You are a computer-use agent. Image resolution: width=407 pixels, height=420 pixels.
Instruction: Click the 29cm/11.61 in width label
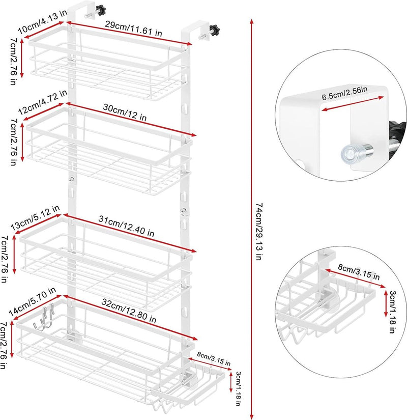[133, 29]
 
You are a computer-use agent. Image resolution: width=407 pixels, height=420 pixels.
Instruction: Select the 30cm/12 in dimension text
[125, 113]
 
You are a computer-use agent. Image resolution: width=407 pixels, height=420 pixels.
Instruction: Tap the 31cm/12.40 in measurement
[126, 227]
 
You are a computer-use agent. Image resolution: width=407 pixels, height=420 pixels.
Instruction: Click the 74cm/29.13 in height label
[259, 232]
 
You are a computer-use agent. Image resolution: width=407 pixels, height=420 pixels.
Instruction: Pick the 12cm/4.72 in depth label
[43, 102]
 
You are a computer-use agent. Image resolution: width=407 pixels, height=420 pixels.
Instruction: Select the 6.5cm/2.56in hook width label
[344, 93]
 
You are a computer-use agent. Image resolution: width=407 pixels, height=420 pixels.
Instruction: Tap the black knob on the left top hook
[101, 11]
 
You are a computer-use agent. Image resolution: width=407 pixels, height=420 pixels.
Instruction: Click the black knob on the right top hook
[215, 30]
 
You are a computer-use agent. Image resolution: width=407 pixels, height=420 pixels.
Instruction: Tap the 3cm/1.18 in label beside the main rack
[238, 388]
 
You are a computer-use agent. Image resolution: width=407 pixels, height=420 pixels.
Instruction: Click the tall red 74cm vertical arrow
[251, 219]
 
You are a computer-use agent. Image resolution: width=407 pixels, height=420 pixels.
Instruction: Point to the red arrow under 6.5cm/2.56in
[353, 103]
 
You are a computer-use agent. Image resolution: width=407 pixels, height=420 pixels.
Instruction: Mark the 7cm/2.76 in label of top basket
[13, 62]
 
